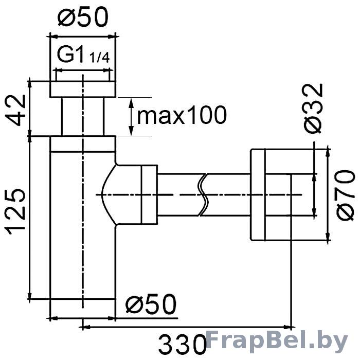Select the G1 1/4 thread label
(83, 55)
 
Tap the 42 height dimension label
(15, 110)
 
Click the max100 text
(182, 115)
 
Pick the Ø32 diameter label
(313, 109)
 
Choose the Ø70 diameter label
(345, 195)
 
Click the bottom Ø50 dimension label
(151, 304)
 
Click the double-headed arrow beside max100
(131, 117)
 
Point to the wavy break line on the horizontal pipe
(203, 195)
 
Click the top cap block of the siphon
(83, 89)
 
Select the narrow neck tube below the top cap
(83, 117)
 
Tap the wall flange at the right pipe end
(258, 195)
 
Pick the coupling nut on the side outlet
(149, 194)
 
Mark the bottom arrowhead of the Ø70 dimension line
(328, 236)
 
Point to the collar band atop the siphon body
(83, 144)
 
